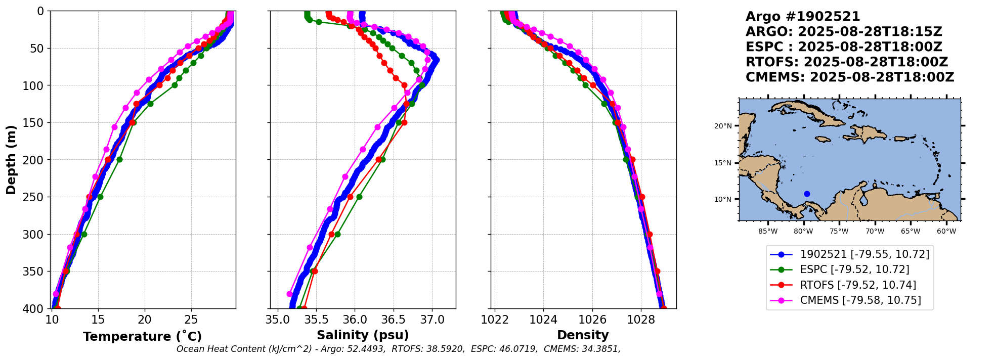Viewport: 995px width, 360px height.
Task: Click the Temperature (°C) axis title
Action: (142, 337)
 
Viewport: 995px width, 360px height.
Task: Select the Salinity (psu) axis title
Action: (363, 335)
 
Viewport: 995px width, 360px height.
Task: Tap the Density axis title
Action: (583, 335)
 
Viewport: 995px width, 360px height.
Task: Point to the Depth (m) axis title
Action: (11, 160)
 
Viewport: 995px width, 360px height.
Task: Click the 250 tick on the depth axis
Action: (36, 197)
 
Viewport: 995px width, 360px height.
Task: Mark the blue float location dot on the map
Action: (807, 194)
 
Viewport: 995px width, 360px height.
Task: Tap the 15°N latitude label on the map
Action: (722, 163)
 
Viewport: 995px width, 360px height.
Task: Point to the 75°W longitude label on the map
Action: (839, 232)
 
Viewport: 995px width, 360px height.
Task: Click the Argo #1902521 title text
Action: (803, 17)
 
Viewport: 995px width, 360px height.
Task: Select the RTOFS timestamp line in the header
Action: (847, 62)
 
